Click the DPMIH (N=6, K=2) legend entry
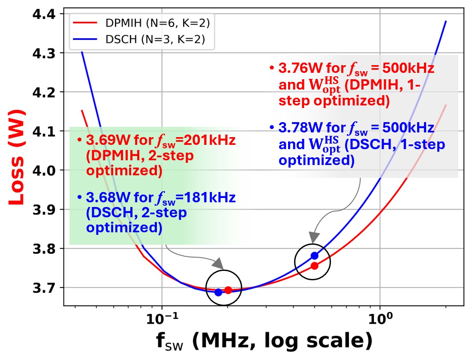pyautogui.click(x=141, y=22)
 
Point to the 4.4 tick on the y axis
pyautogui.click(x=45, y=14)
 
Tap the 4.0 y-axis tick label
pyautogui.click(x=45, y=170)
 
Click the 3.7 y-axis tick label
pyautogui.click(x=45, y=288)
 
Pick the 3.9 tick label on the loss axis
pyautogui.click(x=45, y=210)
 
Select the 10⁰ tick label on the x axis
pyautogui.click(x=380, y=319)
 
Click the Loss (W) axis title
pyautogui.click(x=16, y=157)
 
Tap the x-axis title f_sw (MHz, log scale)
pyautogui.click(x=263, y=342)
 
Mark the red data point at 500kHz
pyautogui.click(x=314, y=266)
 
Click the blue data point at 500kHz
pyautogui.click(x=314, y=256)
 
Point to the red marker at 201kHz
pyautogui.click(x=228, y=290)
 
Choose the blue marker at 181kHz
pyautogui.click(x=218, y=292)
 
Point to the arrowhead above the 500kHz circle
pyautogui.click(x=314, y=237)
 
